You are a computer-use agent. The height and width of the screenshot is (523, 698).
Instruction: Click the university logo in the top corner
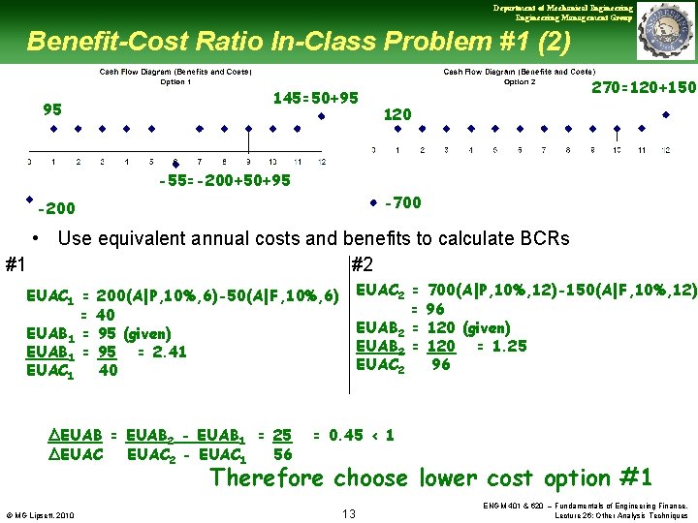tap(666, 31)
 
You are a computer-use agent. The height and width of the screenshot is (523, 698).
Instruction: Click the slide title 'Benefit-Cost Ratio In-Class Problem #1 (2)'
tap(299, 42)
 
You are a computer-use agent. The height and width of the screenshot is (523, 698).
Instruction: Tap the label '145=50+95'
tap(316, 98)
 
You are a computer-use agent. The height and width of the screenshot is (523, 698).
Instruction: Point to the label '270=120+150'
tap(644, 87)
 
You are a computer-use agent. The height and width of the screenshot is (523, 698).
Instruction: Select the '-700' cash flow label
tap(402, 202)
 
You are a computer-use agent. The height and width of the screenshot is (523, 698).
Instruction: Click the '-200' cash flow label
tap(56, 208)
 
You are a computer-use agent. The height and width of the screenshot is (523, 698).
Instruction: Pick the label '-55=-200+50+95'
tap(224, 180)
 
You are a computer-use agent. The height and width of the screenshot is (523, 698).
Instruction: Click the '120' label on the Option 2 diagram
tap(397, 114)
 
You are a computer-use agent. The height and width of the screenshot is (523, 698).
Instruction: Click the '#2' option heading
tap(361, 265)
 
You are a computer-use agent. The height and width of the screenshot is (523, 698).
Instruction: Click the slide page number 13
tap(350, 513)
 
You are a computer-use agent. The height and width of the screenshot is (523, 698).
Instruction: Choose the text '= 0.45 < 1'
tap(353, 435)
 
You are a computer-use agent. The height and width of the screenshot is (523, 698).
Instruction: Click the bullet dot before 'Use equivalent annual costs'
tap(35, 238)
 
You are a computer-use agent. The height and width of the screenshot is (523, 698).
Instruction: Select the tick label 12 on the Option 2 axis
tap(665, 150)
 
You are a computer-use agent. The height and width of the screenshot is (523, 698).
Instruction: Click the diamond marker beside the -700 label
tap(372, 203)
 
